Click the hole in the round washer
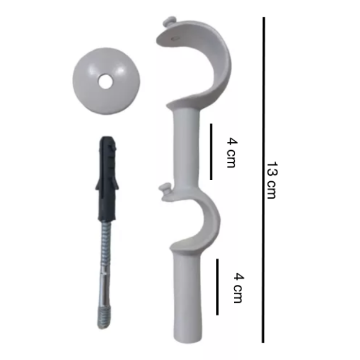[106, 82]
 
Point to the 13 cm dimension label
[272, 180]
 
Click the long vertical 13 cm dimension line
[264, 180]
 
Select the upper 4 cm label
[232, 153]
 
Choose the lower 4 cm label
[238, 288]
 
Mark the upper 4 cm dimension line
[211, 152]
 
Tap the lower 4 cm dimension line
[217, 287]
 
